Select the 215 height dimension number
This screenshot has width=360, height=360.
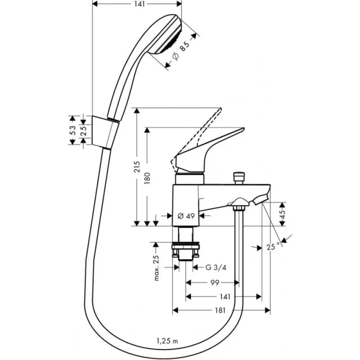[137, 167]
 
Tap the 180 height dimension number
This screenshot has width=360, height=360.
[147, 178]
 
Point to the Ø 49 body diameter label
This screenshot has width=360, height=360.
[186, 216]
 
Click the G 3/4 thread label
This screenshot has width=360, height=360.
[216, 267]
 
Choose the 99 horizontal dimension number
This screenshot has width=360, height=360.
[215, 283]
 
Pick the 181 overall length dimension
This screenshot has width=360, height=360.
[220, 311]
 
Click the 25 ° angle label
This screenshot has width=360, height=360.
[274, 246]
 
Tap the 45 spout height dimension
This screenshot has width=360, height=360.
[283, 214]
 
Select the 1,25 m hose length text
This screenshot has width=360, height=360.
[167, 341]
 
